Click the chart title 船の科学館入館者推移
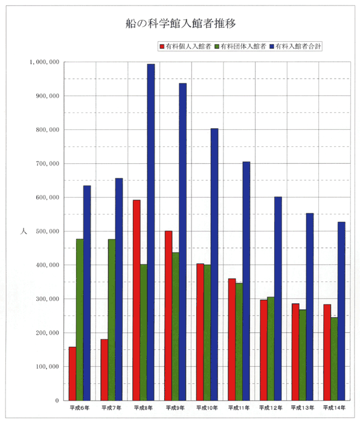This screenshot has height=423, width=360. pyautogui.click(x=181, y=24)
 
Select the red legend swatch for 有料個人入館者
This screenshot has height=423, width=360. pyautogui.click(x=162, y=47)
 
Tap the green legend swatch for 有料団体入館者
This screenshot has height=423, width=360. pyautogui.click(x=217, y=47)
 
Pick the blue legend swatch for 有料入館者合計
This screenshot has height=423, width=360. pyautogui.click(x=272, y=47)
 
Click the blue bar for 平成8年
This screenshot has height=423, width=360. pyautogui.click(x=151, y=232)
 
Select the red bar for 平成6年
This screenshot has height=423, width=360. pyautogui.click(x=72, y=373)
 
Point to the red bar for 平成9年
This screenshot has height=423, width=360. pyautogui.click(x=169, y=315)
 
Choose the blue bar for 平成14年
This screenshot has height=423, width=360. pyautogui.click(x=341, y=311)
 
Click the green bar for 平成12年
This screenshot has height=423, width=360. pyautogui.click(x=271, y=349)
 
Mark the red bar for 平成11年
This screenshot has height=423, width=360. pyautogui.click(x=232, y=340)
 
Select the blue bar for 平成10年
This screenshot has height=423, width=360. pyautogui.click(x=214, y=265)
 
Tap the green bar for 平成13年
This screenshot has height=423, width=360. pyautogui.click(x=303, y=355)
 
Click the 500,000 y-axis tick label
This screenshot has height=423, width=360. pyautogui.click(x=48, y=231)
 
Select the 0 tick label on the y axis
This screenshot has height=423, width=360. pyautogui.click(x=57, y=401)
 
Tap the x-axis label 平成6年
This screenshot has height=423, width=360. pyautogui.click(x=80, y=408)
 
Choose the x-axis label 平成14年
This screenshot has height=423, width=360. pyautogui.click(x=335, y=408)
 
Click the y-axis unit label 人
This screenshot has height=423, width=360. pyautogui.click(x=24, y=231)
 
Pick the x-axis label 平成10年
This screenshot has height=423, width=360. pyautogui.click(x=207, y=408)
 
